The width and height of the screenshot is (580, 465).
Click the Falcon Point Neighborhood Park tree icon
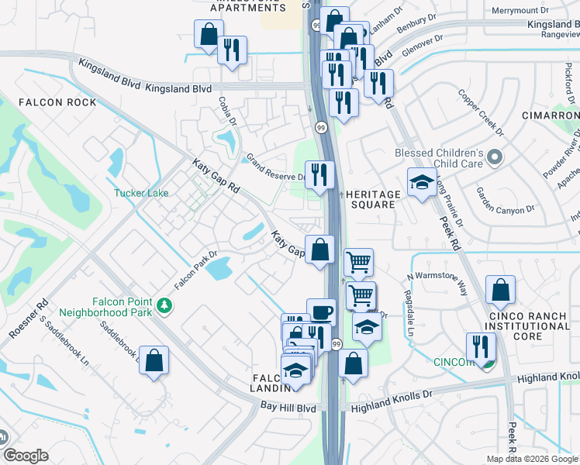[x=164, y=307]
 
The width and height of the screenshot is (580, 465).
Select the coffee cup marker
[x=321, y=312]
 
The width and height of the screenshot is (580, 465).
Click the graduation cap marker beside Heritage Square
[x=422, y=183]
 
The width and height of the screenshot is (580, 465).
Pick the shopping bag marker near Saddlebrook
[x=154, y=360]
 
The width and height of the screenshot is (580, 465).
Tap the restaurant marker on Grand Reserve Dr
[x=319, y=174]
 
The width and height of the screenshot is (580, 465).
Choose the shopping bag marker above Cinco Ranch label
[x=501, y=291]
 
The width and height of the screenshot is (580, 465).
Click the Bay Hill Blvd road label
[x=288, y=407]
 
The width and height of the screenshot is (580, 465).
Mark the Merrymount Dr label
[x=520, y=10]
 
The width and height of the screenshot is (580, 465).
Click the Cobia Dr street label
[x=227, y=113]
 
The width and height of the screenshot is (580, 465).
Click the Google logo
[x=26, y=455]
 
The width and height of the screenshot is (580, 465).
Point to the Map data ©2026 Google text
[x=532, y=459]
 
